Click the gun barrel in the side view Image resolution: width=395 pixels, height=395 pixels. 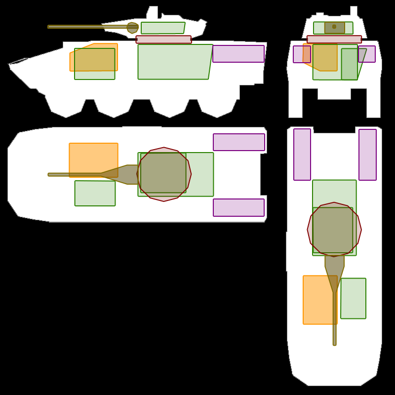point(84,27)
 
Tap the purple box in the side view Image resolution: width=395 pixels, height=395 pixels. point(238,54)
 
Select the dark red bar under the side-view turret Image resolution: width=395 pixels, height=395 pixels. point(163,39)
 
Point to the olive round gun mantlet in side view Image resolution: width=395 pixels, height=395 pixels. point(132,28)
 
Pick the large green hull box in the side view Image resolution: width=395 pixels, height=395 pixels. point(174,62)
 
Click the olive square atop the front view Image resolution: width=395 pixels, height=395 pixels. point(334,28)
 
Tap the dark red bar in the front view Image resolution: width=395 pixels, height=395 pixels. point(334,39)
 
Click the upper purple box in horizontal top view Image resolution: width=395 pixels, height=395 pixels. point(239,142)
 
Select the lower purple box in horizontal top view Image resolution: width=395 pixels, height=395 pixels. point(238,208)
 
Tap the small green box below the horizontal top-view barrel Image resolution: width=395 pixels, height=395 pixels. point(95,193)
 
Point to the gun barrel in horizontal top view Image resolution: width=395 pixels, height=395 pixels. point(74,174)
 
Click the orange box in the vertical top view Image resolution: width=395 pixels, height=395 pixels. point(319,300)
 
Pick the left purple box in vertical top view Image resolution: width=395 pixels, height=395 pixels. point(302,155)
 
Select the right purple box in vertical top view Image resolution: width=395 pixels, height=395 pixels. point(367,155)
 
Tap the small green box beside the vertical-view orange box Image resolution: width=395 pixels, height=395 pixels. point(353,298)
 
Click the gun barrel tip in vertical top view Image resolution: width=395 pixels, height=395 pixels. point(334,342)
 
